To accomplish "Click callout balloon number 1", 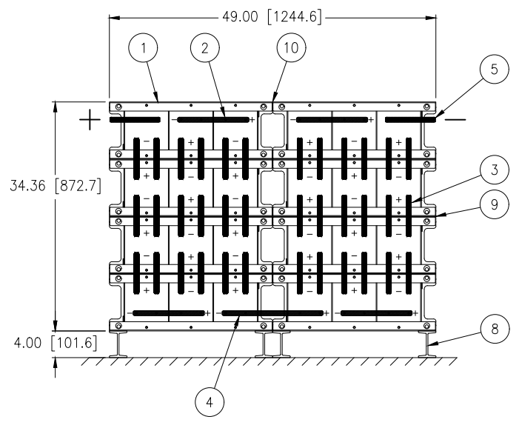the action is coord(143,48).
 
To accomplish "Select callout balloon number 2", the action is coord(205,48).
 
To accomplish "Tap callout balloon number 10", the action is coord(291,47).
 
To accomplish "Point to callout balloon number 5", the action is coord(494,69).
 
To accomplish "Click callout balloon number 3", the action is coord(494,170).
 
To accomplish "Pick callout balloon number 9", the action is coord(494,204).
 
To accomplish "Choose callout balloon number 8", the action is coord(495,329).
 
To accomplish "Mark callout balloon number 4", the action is coord(210,402).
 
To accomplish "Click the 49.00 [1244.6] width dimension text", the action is coord(272,16).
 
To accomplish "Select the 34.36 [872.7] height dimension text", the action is coord(56,186).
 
